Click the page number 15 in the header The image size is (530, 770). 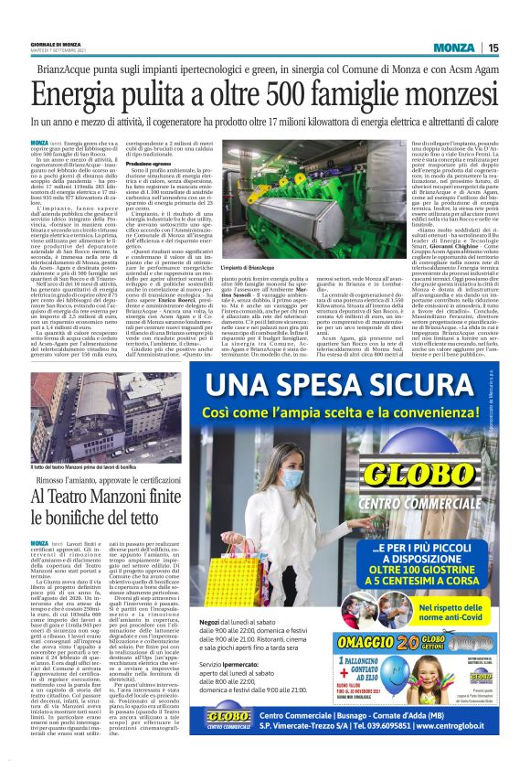pos(492,48)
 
